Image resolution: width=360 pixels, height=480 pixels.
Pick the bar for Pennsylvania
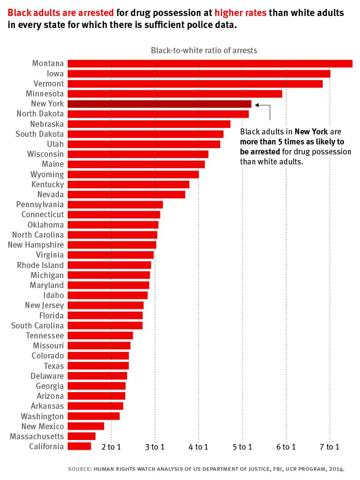[115, 205]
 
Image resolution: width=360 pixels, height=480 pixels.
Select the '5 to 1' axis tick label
[242, 447]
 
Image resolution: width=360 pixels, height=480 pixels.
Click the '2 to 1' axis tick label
[111, 447]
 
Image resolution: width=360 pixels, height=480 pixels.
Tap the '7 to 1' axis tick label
[330, 447]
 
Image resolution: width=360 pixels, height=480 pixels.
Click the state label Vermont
[48, 84]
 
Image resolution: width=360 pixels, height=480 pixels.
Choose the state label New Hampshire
[36, 245]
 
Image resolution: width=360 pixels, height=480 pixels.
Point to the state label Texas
[54, 366]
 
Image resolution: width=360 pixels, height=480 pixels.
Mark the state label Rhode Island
[40, 265]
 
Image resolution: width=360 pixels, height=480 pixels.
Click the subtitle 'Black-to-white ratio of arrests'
[204, 50]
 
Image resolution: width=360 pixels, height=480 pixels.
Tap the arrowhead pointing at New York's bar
[257, 105]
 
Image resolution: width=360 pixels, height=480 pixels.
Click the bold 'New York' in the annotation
[311, 132]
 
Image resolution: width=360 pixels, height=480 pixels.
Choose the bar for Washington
[93, 416]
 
